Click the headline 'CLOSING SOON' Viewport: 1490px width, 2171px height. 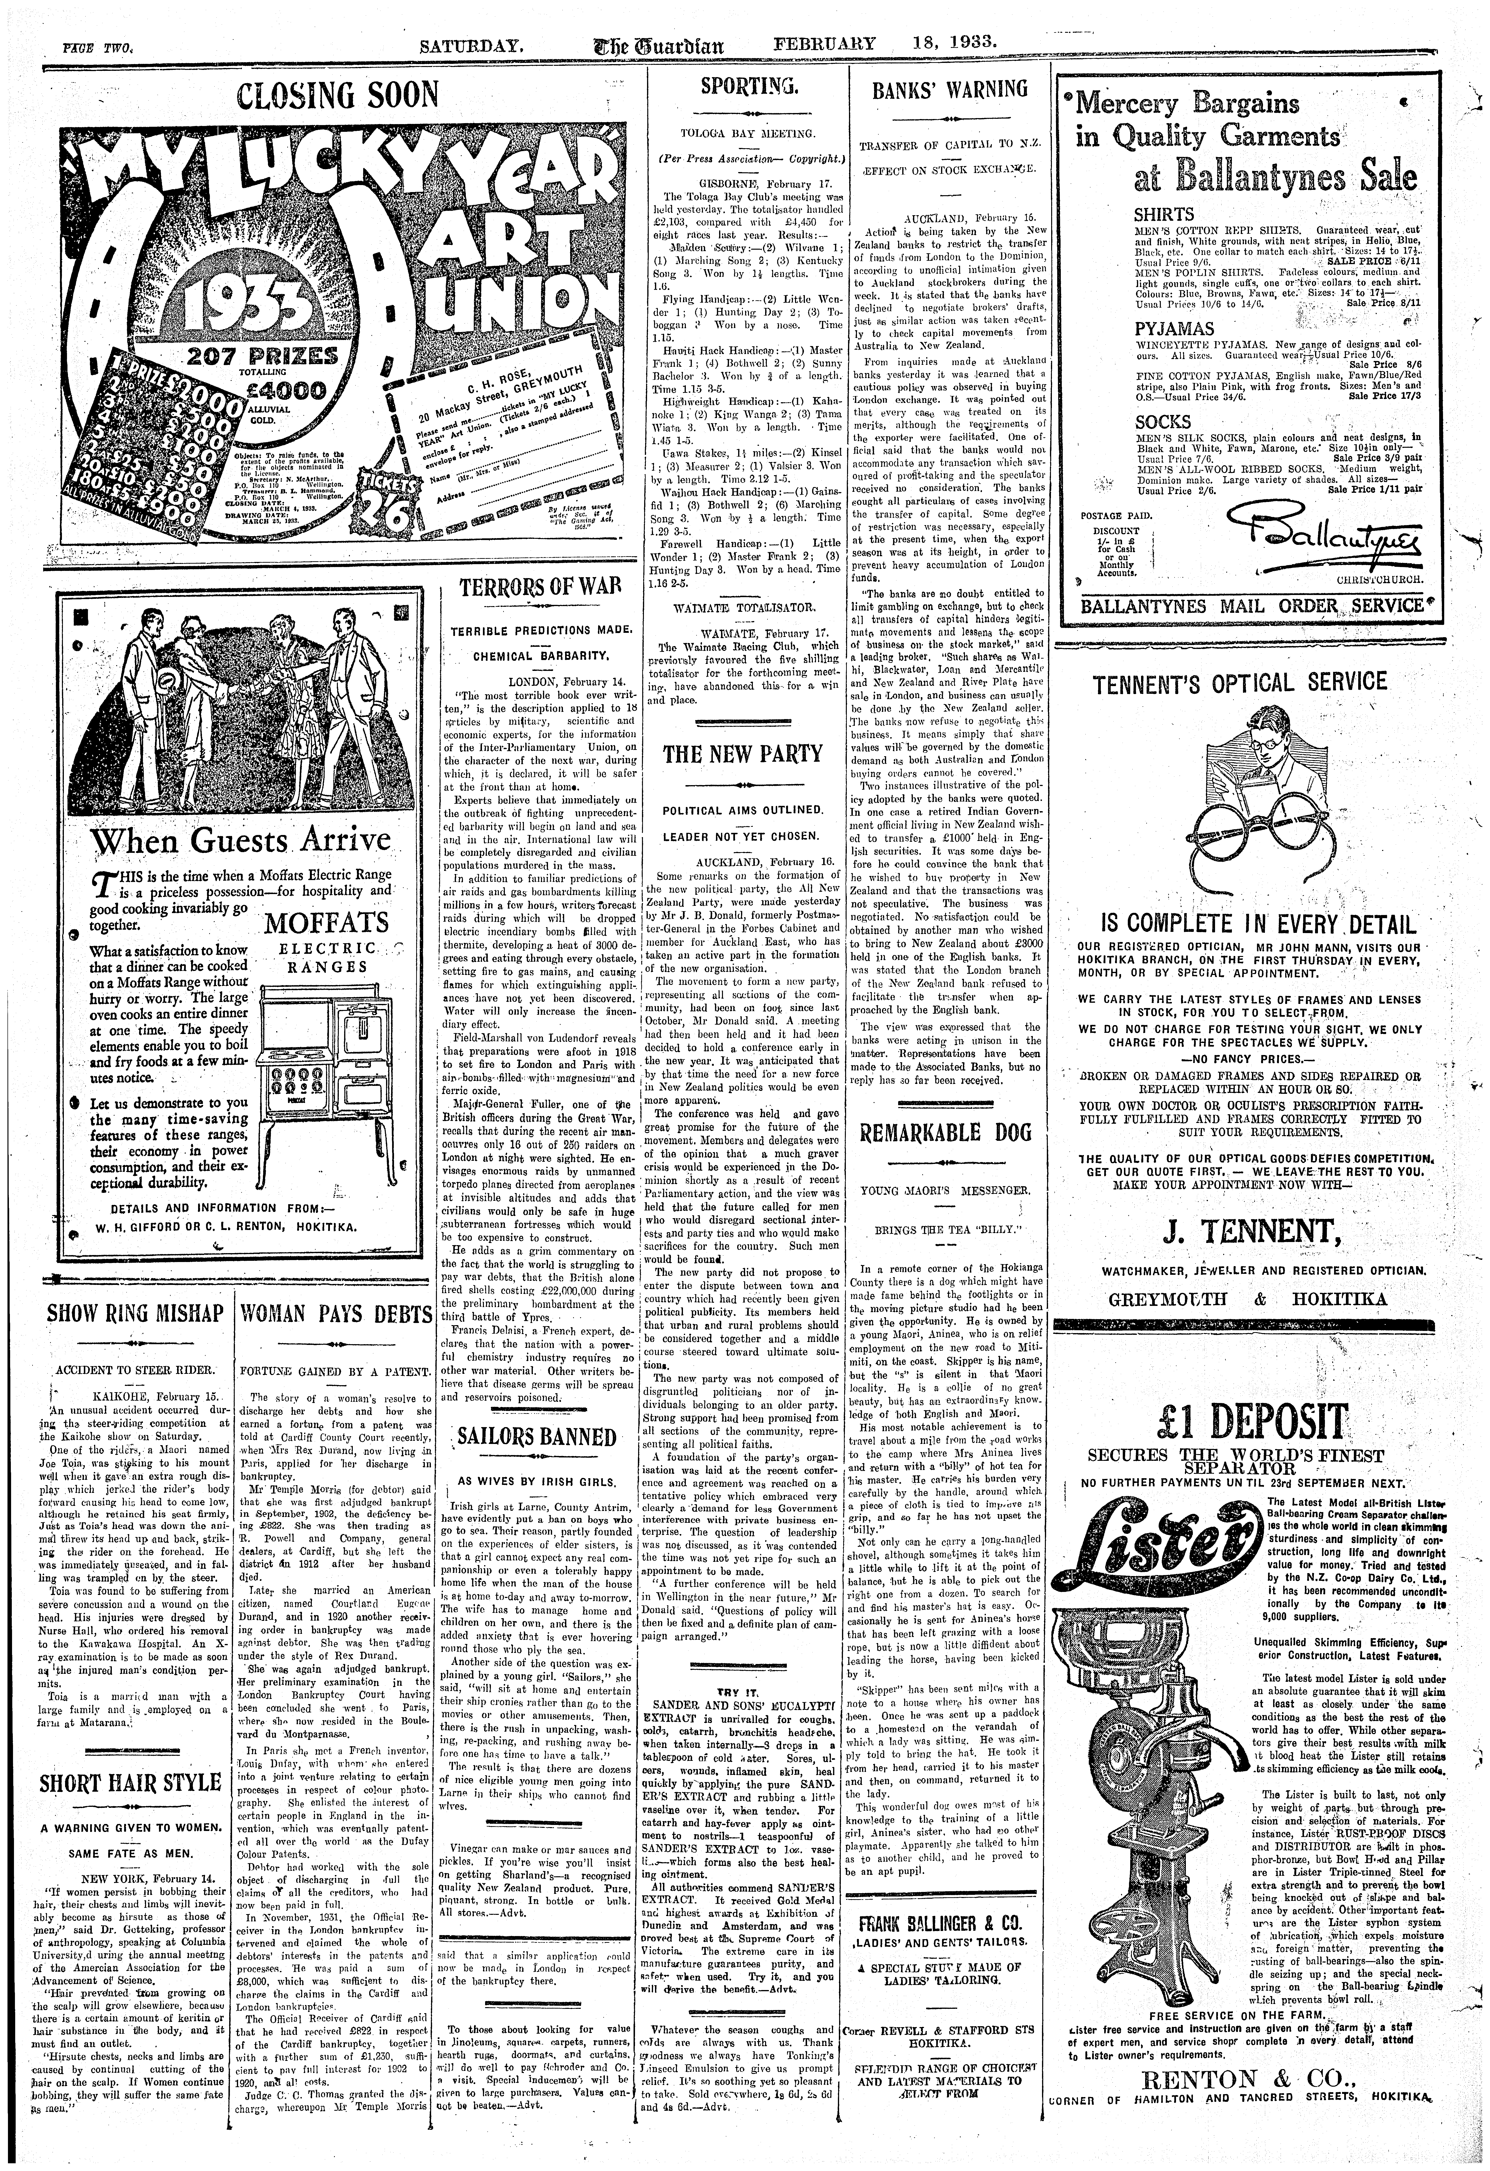click(x=337, y=95)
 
